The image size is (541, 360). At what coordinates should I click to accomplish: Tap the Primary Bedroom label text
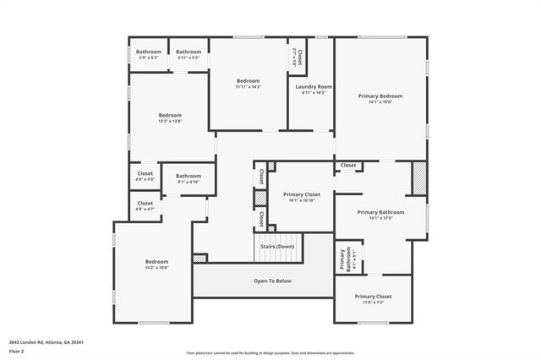[x=380, y=96]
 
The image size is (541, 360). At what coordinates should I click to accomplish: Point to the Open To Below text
[x=272, y=281]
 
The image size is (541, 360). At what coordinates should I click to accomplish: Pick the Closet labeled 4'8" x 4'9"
[x=145, y=175]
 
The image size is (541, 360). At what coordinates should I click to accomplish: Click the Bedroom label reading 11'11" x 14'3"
[x=248, y=82]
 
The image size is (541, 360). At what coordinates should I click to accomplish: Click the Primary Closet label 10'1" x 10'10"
[x=301, y=195]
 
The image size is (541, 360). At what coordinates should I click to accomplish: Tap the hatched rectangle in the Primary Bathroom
[x=419, y=177]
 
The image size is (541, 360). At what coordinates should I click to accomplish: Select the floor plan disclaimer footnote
[x=270, y=352]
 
